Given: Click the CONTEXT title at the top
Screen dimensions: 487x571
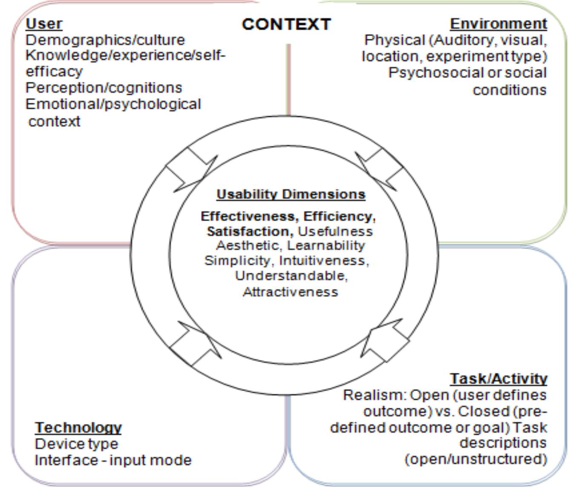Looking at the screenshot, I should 286,24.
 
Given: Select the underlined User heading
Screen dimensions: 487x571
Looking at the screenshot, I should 44,24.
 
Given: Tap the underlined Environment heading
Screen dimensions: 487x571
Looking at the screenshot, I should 498,24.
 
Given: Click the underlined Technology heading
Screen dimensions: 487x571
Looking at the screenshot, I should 78,427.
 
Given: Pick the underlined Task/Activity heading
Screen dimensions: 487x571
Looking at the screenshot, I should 498,378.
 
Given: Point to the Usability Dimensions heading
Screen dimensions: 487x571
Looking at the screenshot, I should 291,194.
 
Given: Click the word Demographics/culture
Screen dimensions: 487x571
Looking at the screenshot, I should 105,40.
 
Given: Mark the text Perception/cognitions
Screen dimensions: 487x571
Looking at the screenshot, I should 104,88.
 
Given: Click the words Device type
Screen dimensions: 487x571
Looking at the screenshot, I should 76,444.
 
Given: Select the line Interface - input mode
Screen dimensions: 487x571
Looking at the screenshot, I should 113,461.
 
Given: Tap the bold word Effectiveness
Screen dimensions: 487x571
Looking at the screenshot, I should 250,216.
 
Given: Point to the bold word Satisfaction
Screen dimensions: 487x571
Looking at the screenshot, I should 250,231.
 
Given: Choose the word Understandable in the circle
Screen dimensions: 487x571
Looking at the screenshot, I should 291,276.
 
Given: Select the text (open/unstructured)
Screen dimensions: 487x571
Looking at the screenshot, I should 475,459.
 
